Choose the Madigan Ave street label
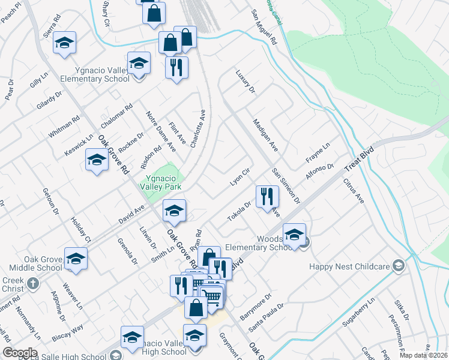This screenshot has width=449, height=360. (x=265, y=135)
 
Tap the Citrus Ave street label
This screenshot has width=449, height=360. (x=354, y=190)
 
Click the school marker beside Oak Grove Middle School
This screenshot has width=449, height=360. (x=76, y=259)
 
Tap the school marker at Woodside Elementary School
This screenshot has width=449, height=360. (x=294, y=235)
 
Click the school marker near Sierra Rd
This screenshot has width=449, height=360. (x=64, y=43)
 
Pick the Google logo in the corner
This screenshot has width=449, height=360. (x=20, y=353)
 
